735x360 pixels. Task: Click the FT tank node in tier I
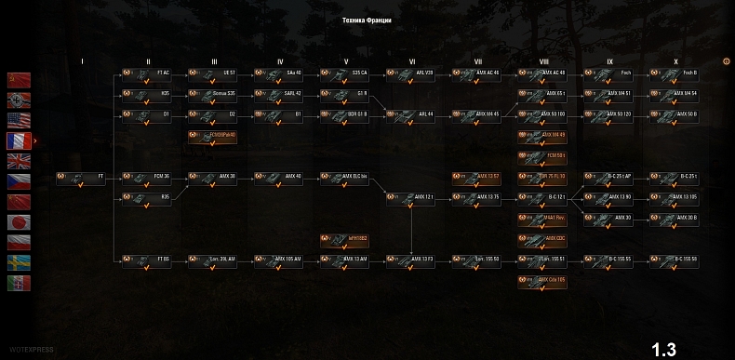point(81,176)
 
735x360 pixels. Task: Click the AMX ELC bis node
point(344,176)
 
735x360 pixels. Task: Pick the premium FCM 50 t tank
point(543,155)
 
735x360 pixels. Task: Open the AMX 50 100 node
point(543,114)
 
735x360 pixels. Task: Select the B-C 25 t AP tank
point(609,176)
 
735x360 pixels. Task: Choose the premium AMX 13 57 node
point(477,176)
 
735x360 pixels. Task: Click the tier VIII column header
point(543,61)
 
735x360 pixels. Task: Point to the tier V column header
point(346,61)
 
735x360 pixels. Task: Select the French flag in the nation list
point(19,140)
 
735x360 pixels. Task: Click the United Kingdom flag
point(19,161)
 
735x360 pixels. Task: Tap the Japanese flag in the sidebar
point(19,222)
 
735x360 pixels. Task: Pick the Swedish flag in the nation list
point(19,263)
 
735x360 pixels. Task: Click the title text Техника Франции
point(367,20)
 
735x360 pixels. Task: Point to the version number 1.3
point(663,350)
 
